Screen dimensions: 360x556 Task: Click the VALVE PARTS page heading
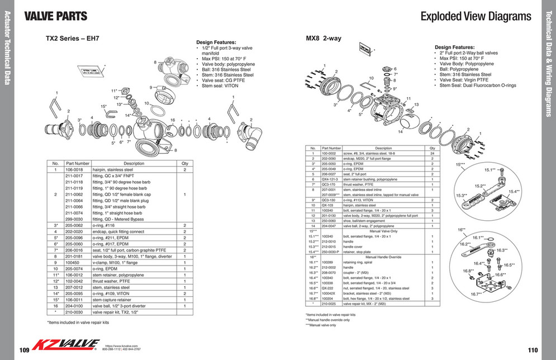point(56,16)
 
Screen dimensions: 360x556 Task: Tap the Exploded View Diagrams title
point(476,16)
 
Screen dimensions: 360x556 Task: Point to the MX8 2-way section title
point(324,39)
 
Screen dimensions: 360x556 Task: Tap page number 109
point(24,350)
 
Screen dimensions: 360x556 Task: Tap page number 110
point(531,350)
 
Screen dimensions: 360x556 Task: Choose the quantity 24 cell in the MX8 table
point(433,153)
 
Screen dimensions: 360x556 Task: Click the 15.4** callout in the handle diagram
point(514,191)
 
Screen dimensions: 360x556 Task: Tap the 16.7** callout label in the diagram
point(476,293)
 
